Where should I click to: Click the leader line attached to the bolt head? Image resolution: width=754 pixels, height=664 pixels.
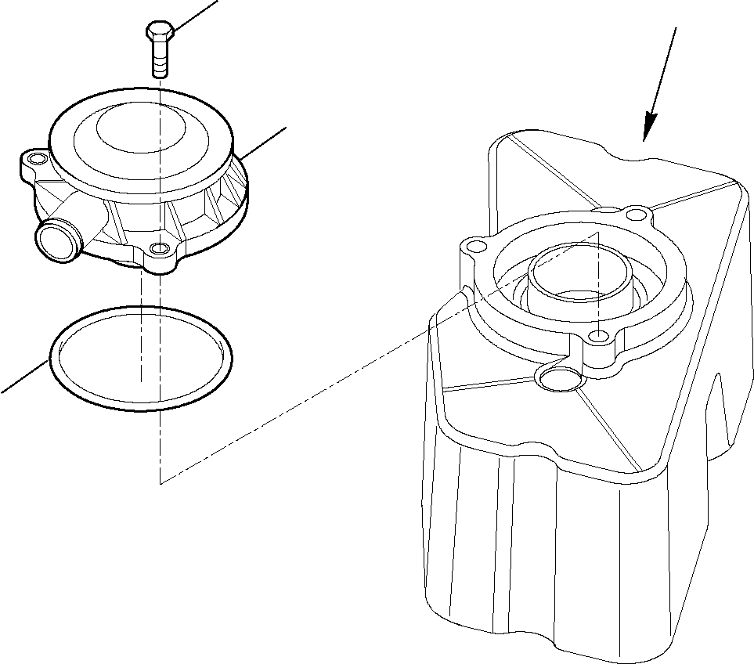[x=196, y=16]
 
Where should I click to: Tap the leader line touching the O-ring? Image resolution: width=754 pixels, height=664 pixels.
[x=23, y=377]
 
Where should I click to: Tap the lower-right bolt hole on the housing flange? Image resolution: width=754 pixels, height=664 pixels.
[x=599, y=337]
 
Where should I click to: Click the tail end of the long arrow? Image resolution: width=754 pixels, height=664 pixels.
[x=674, y=29]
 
